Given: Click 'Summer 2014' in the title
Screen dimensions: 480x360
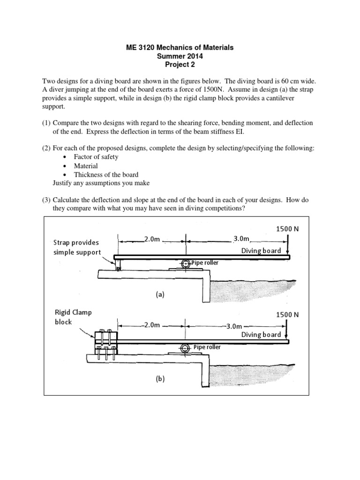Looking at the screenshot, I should point(180,56).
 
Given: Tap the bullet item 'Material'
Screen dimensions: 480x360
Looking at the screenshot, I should point(86,165).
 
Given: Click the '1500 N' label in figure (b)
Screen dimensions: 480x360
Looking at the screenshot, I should point(286,315).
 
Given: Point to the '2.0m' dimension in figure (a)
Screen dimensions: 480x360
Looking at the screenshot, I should point(152,239).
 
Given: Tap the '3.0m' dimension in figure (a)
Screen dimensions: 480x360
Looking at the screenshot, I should point(241,239).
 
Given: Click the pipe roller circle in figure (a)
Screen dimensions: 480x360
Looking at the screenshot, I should point(186,263).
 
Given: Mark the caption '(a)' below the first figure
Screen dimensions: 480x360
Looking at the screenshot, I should point(160,295).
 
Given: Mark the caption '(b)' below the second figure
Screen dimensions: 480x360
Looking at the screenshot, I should point(160,379).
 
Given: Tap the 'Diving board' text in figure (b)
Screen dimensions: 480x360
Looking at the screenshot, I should point(261,334).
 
